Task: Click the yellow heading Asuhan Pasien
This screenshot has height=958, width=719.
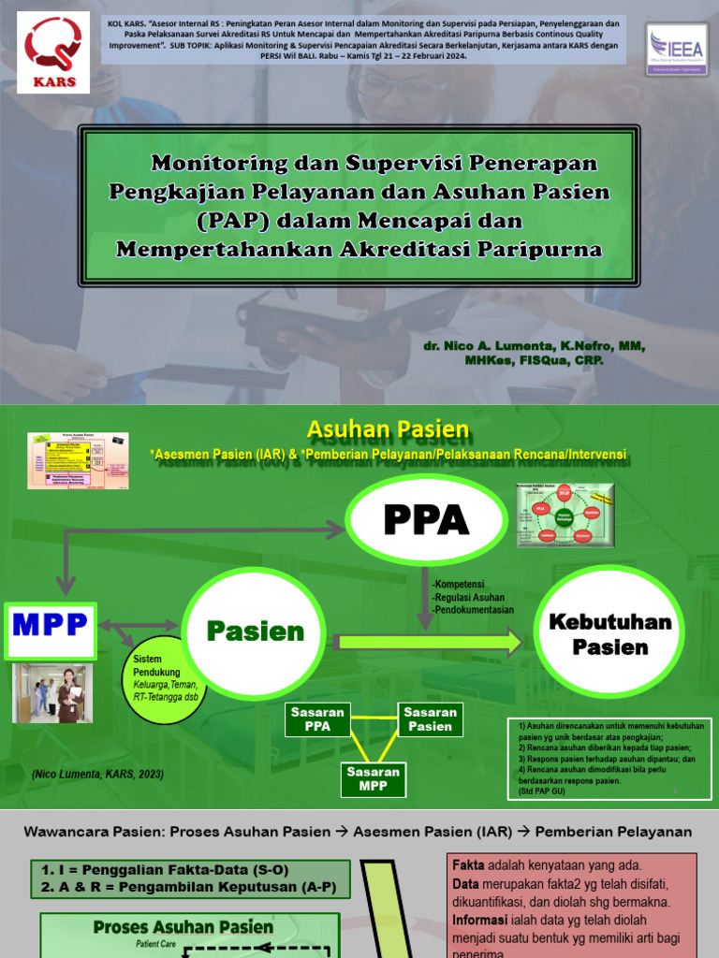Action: point(389,429)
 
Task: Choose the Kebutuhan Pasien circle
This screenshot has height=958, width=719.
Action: point(609,633)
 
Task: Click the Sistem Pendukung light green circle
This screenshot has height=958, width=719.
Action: point(169,679)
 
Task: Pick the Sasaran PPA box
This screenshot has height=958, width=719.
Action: point(318,718)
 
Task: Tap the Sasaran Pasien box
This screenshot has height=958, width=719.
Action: point(430,718)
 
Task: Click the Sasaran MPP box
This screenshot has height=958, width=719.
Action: point(374,777)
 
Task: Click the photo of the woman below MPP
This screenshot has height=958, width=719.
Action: point(52,694)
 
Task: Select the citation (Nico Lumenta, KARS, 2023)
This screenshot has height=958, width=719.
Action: point(98,774)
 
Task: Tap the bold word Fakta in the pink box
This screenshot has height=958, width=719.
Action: point(468,865)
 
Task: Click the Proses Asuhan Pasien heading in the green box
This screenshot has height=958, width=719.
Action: point(183,927)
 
